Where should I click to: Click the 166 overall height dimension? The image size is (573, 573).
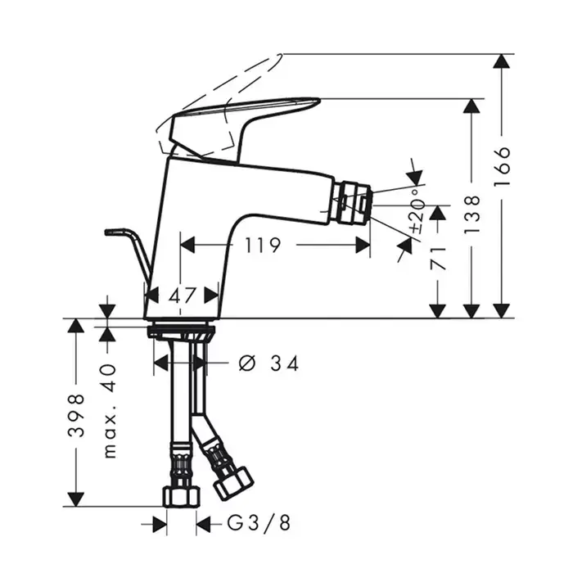click(x=502, y=167)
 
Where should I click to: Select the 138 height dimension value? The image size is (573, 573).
click(x=471, y=214)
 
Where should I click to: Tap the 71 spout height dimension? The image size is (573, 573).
click(x=438, y=259)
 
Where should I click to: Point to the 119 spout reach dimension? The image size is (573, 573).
click(x=263, y=245)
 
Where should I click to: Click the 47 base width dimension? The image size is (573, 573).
click(x=183, y=295)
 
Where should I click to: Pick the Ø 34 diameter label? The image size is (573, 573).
click(x=268, y=363)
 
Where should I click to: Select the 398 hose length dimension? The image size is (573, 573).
click(x=76, y=416)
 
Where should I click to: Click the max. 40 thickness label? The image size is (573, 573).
click(x=109, y=411)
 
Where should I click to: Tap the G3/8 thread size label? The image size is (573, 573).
click(x=259, y=523)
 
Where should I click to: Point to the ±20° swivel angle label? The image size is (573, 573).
click(x=417, y=211)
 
